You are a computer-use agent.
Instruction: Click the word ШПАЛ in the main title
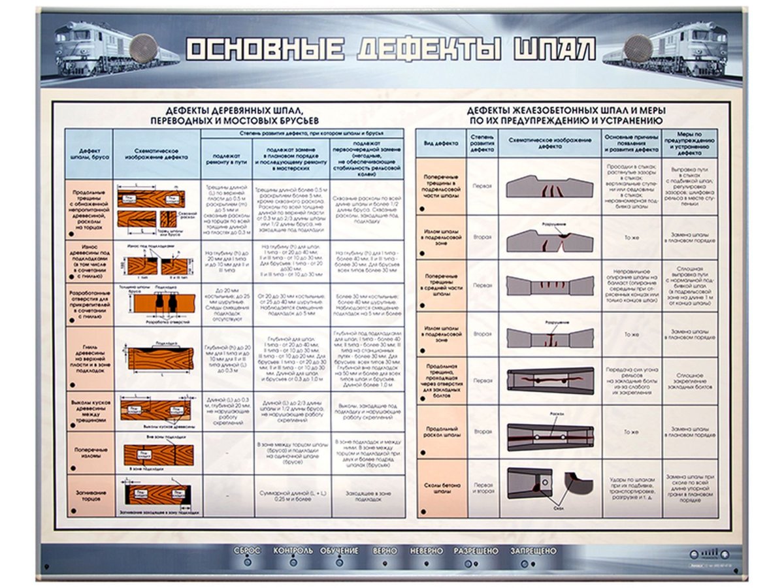[x=555, y=50]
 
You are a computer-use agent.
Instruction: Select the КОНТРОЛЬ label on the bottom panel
[x=293, y=551]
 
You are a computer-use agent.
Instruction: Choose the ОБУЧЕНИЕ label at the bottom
[x=338, y=551]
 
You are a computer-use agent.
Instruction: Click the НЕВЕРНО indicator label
[x=426, y=551]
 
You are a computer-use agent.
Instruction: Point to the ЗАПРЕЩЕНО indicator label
[x=533, y=551]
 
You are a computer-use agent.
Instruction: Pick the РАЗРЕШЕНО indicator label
[x=476, y=551]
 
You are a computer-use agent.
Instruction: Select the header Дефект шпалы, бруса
[x=89, y=157]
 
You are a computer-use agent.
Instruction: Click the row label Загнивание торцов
[x=90, y=496]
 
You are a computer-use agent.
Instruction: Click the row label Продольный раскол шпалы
[x=442, y=431]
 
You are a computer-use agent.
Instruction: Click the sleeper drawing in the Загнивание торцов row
[x=156, y=495]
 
